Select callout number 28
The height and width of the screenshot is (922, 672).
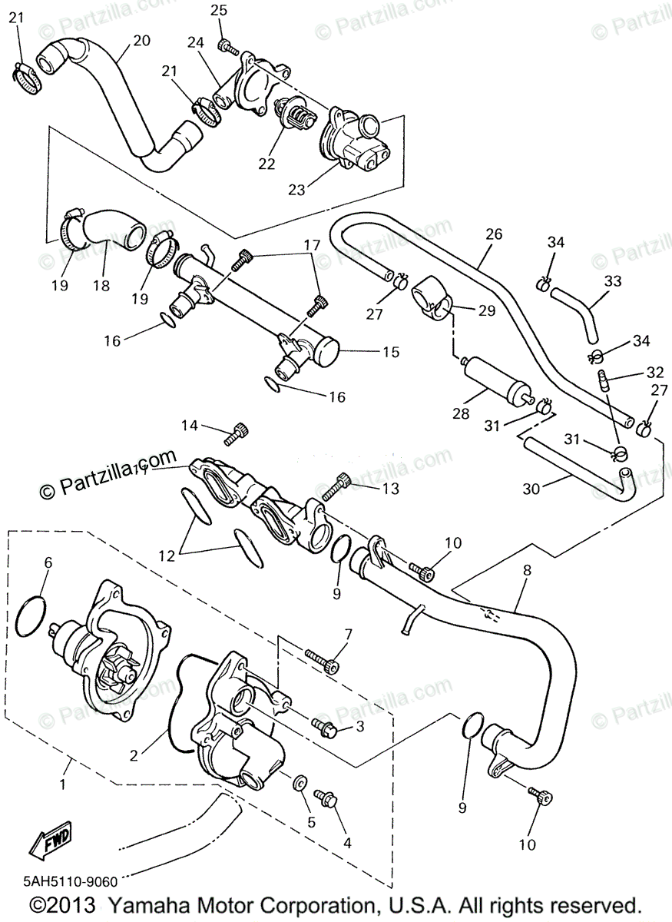click(460, 414)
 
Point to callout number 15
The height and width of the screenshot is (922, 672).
click(391, 352)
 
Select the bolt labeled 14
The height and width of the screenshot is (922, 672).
click(235, 435)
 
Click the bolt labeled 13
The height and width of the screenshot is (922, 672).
click(336, 485)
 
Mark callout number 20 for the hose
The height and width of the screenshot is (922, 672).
click(141, 40)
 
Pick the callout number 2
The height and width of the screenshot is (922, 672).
click(134, 755)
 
